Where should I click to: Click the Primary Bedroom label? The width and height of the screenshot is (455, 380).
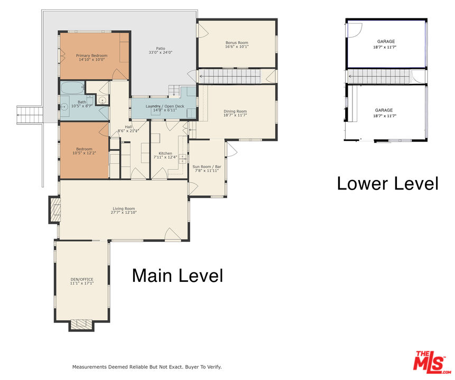point(92,55)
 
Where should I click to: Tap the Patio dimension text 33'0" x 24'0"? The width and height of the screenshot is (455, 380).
point(161,52)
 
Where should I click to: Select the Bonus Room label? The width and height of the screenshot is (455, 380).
point(237,43)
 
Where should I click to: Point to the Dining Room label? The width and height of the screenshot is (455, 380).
point(235,111)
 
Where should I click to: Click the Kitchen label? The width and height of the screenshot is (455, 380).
point(165,154)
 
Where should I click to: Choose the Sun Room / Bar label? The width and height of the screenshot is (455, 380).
point(207,167)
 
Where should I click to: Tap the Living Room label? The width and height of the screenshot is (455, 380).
point(124,208)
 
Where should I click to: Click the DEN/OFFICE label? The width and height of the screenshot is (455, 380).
point(82,279)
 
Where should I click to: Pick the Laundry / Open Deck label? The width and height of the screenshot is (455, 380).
point(165,107)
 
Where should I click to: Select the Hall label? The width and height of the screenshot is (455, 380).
point(128,127)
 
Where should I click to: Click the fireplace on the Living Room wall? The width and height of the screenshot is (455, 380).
point(55,210)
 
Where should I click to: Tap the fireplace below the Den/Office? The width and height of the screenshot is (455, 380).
point(81,326)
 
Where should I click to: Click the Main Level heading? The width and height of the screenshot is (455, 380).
point(178,275)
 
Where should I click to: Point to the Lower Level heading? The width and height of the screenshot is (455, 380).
point(388,184)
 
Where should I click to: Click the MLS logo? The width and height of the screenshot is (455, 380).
point(432,362)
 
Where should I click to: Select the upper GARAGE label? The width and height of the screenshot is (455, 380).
point(386,42)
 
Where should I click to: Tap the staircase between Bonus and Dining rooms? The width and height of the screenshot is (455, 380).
point(229,76)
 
